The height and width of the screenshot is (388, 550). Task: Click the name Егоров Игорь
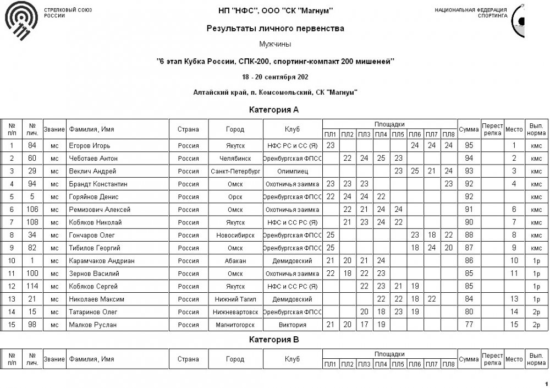point(90,146)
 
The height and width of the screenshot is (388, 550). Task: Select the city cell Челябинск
point(235,159)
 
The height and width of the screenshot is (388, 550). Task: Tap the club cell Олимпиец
point(291,171)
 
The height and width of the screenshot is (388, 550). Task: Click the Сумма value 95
point(469,146)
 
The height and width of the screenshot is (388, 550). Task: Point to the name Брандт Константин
point(98,184)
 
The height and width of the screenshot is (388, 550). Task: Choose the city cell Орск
point(235,196)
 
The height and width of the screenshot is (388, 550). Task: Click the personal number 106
point(33,210)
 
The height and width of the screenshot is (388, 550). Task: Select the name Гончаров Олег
point(90,235)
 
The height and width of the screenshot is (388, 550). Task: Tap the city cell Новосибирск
point(235,235)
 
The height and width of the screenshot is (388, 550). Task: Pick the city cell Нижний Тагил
point(235,299)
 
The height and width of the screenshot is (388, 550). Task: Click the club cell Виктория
point(291,324)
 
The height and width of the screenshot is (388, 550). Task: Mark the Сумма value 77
point(469,324)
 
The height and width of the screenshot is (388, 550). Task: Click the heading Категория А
point(274,110)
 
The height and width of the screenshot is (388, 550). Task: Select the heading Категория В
point(274,340)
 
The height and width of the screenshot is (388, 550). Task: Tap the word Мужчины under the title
point(274,43)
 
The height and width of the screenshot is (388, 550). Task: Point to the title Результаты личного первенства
point(275,29)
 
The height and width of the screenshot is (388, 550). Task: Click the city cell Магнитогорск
point(235,324)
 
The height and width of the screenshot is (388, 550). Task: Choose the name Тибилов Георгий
point(93,248)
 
